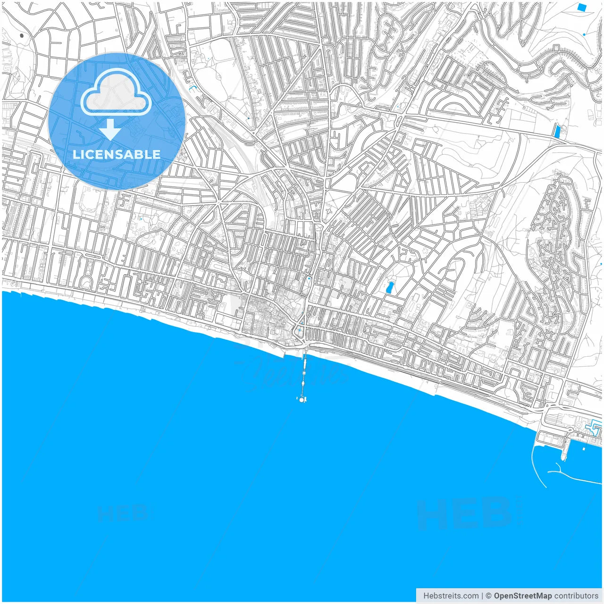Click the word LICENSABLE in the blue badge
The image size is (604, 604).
[116, 154]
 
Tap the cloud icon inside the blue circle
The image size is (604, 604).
[116, 92]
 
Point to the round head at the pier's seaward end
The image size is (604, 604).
[302, 400]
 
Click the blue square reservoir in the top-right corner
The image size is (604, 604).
[582, 7]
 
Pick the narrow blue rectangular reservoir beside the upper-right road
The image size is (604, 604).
[558, 131]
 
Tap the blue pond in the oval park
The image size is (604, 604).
[390, 287]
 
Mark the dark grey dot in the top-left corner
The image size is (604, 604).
[22, 35]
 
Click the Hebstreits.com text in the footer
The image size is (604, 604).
[451, 596]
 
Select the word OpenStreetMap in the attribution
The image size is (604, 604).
[522, 596]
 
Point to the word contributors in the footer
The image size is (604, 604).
[576, 596]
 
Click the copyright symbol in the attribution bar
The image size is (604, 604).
[489, 596]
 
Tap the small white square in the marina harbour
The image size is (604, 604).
[584, 449]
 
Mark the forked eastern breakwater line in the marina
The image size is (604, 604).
[573, 477]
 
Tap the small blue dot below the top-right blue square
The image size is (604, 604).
[584, 34]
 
